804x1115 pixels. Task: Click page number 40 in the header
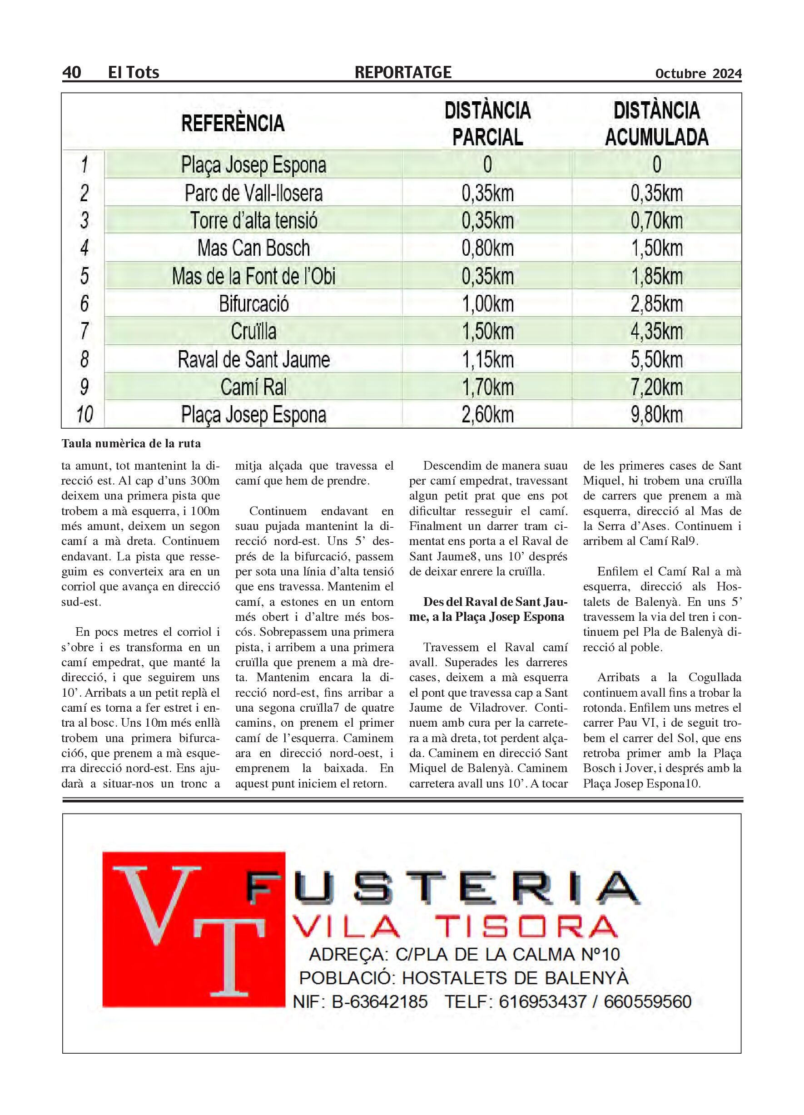click(71, 72)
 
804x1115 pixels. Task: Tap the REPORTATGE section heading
click(402, 72)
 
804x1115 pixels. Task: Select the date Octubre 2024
click(698, 74)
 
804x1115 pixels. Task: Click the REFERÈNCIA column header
click(233, 123)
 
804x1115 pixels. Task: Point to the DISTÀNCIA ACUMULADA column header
click(656, 124)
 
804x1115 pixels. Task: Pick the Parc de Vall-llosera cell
click(253, 193)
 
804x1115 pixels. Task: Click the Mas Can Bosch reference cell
click(253, 248)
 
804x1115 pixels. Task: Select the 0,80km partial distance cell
click(487, 248)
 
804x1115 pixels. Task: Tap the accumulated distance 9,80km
click(656, 415)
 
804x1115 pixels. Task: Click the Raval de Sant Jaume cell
click(253, 359)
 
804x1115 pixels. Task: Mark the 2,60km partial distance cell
click(487, 415)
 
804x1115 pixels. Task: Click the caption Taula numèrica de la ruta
click(131, 443)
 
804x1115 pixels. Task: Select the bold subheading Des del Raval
click(488, 610)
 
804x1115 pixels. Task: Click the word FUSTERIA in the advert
click(442, 889)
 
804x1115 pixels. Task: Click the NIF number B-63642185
click(380, 1002)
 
